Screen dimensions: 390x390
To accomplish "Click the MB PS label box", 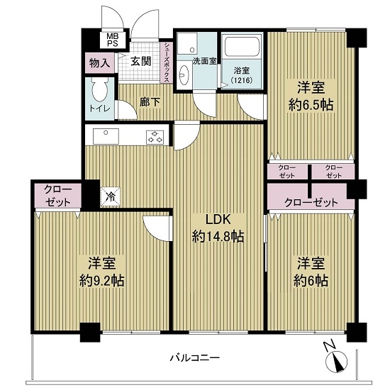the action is pyautogui.click(x=113, y=40).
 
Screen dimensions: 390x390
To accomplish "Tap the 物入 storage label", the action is pyautogui.click(x=100, y=63).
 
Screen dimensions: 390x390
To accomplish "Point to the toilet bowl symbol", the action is pyautogui.click(x=99, y=89).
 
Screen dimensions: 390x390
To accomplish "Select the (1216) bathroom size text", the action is pyautogui.click(x=242, y=80).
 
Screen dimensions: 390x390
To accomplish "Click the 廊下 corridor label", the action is pyautogui.click(x=150, y=101).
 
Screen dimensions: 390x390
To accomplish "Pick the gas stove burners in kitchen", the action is pyautogui.click(x=155, y=137).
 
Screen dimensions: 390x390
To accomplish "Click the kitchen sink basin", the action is pyautogui.click(x=106, y=136).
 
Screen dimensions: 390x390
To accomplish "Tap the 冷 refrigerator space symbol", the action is pyautogui.click(x=110, y=197).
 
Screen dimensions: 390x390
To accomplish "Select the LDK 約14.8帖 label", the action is pyautogui.click(x=218, y=228).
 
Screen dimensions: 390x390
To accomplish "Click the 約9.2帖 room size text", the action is pyautogui.click(x=102, y=281).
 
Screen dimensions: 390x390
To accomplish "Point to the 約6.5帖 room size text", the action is pyautogui.click(x=311, y=105).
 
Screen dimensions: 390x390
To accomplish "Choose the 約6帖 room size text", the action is pyautogui.click(x=311, y=281).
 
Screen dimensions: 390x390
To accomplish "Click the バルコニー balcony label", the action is pyautogui.click(x=195, y=358).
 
